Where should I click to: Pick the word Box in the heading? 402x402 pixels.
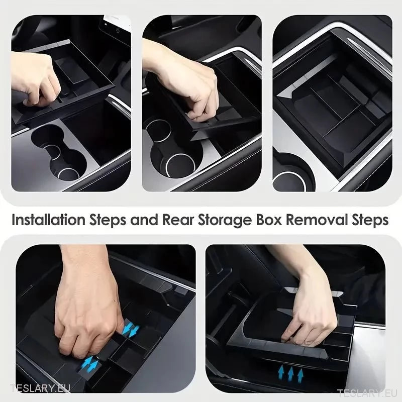click(272, 221)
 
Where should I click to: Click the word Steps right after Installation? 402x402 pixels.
click(106, 221)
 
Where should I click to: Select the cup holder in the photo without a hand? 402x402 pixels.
click(290, 178)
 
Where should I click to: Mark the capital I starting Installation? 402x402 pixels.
click(14, 221)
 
